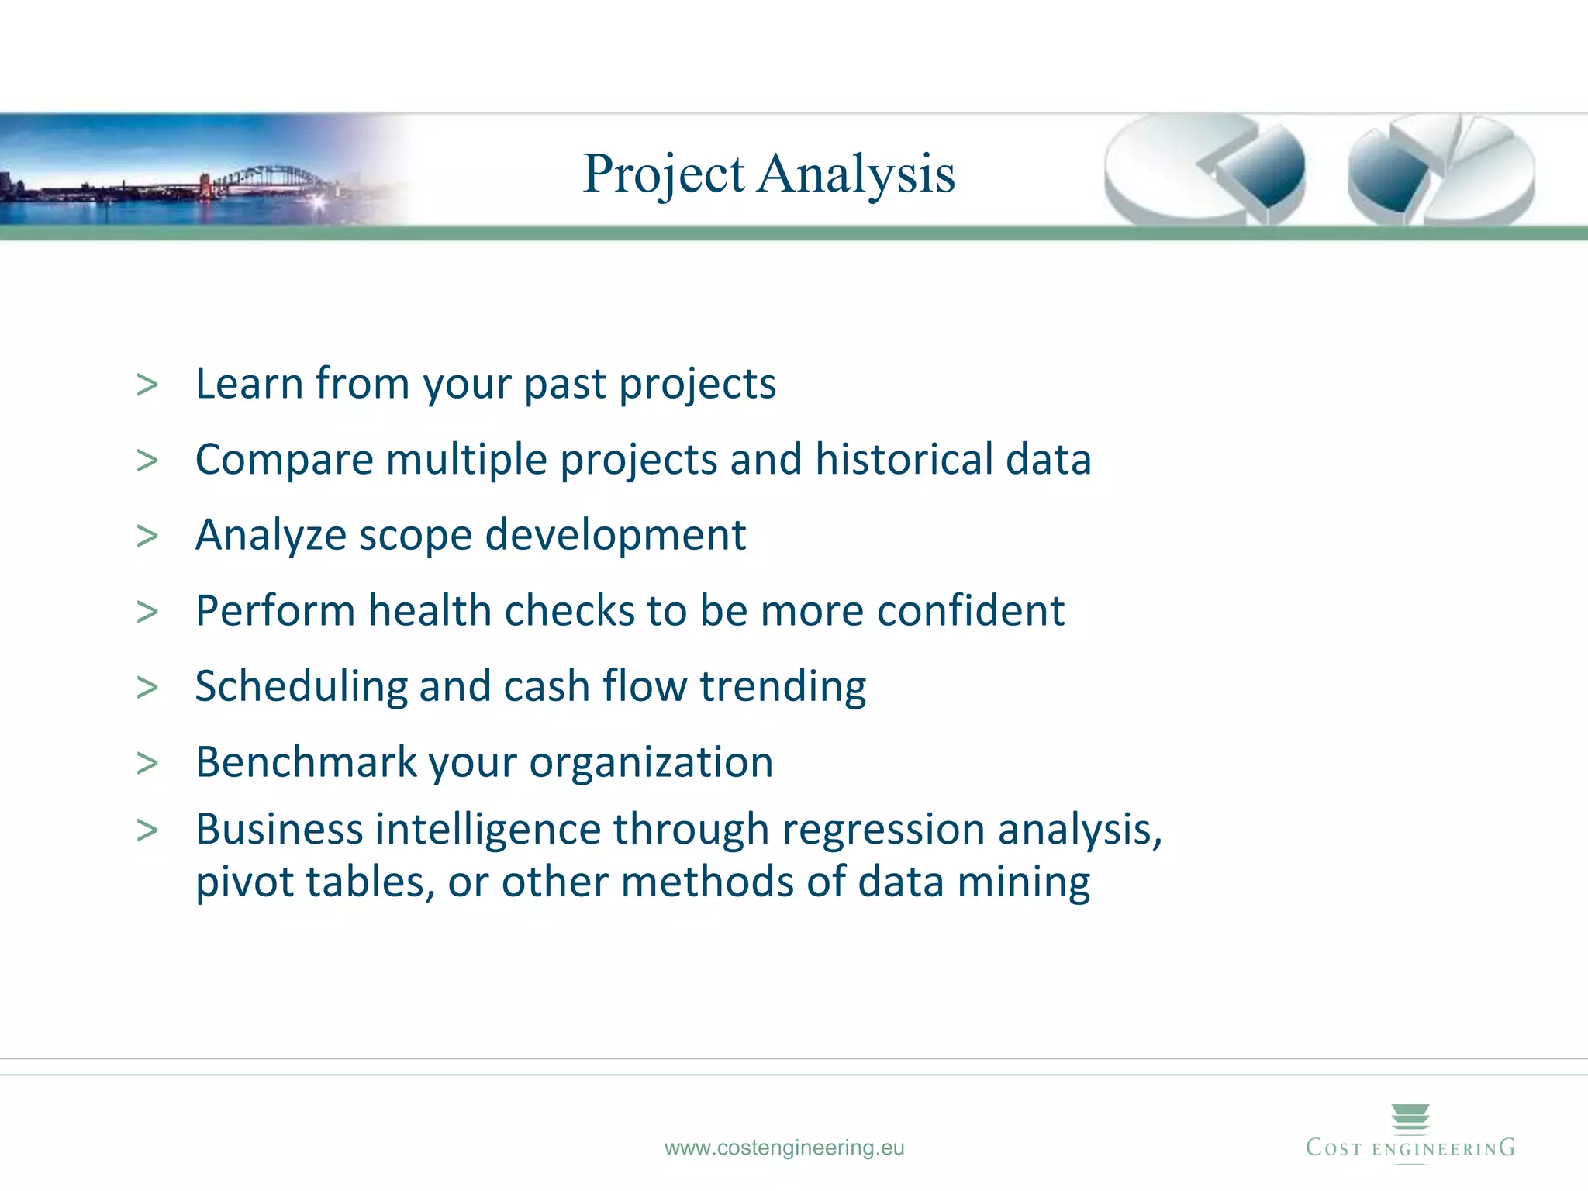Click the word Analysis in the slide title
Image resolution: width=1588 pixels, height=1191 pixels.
(856, 174)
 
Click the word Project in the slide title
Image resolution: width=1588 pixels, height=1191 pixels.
(664, 174)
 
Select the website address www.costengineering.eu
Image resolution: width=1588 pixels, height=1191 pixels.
(784, 1148)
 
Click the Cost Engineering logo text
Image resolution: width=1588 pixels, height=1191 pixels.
(1410, 1148)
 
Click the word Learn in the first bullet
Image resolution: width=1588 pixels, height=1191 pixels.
(248, 384)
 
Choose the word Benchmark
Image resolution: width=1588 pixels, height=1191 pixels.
(306, 761)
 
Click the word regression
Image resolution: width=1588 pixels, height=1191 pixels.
(883, 830)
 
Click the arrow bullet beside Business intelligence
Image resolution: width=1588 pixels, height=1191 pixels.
(147, 830)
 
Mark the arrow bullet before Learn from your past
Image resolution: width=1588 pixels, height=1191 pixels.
(147, 385)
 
